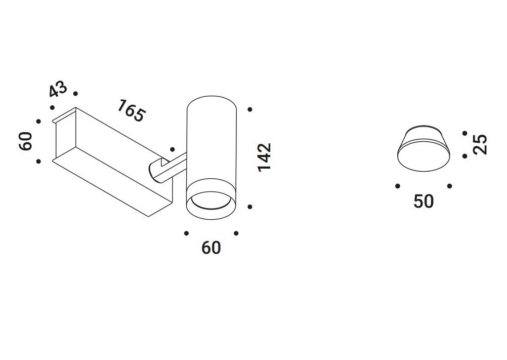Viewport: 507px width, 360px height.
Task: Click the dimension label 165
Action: tap(131, 111)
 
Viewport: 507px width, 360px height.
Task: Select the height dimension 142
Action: tap(265, 157)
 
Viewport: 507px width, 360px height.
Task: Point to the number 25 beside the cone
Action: tap(480, 144)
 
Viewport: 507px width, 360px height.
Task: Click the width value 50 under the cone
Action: tap(424, 202)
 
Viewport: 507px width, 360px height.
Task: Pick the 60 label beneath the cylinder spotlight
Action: tap(211, 248)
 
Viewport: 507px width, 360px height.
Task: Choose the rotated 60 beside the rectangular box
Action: tap(26, 141)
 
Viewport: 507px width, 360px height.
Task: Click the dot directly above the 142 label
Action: tap(250, 110)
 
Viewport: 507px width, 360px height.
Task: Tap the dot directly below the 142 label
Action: tap(250, 207)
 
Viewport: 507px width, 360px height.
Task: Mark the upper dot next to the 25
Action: tap(465, 133)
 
